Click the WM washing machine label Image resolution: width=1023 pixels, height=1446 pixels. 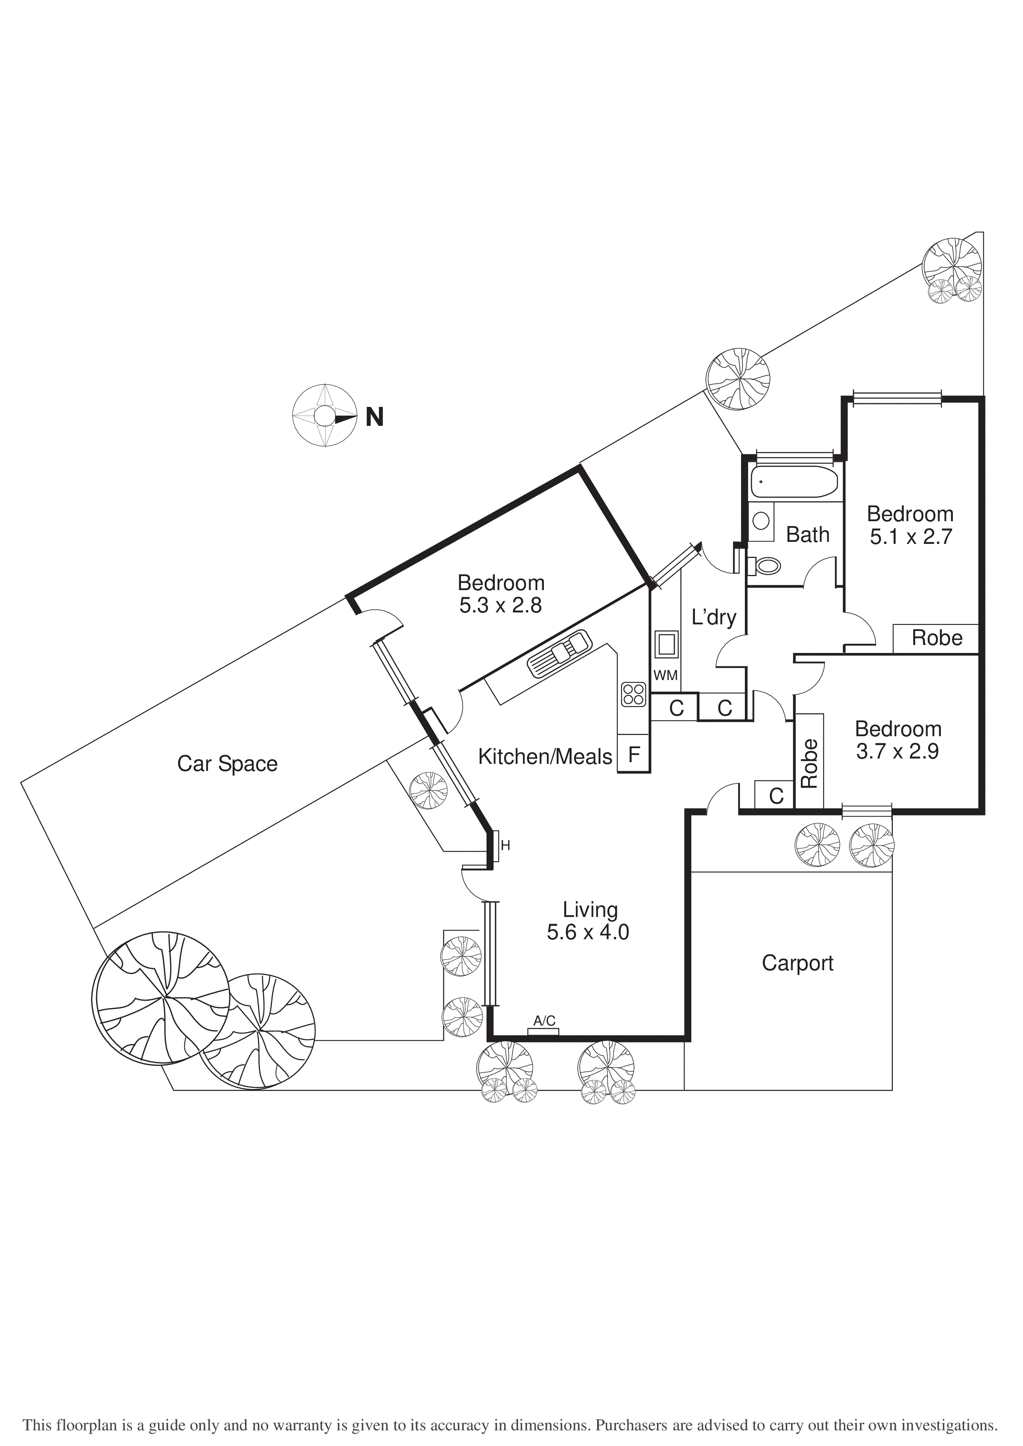(x=665, y=675)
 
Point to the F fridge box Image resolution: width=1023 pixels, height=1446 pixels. (x=634, y=754)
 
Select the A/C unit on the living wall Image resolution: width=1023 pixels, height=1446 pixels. (x=543, y=1030)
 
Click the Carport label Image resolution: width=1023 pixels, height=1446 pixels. (x=798, y=963)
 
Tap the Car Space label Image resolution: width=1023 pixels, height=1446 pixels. (x=227, y=764)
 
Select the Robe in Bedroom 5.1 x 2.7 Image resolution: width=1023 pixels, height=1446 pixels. (x=936, y=638)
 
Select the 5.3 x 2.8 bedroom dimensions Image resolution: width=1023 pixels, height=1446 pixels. (x=500, y=605)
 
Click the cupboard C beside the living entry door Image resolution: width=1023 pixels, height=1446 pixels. (x=776, y=796)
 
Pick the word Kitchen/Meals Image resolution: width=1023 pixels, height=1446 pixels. (x=545, y=756)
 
